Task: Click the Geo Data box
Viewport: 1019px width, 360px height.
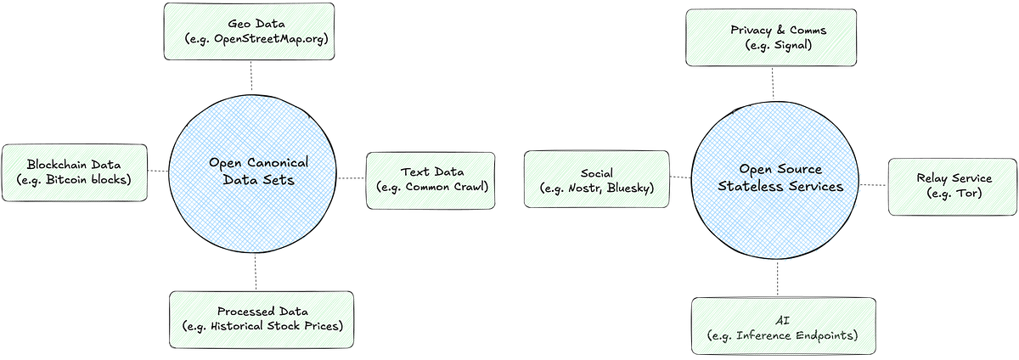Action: pos(249,31)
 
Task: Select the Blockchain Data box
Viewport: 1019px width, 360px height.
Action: pos(75,172)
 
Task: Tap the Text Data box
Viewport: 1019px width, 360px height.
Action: pos(431,181)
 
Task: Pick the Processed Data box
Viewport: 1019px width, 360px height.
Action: pos(262,319)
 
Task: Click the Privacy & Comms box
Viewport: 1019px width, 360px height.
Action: pos(771,37)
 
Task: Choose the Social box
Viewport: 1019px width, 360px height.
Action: pos(596,179)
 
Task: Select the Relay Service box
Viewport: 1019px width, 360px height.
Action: pos(953,187)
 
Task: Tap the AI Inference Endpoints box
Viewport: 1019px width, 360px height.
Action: pos(783,326)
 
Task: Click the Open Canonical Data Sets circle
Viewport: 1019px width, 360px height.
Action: pos(253,173)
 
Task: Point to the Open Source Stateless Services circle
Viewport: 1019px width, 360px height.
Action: pos(775,180)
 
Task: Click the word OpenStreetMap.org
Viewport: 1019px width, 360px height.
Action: pos(270,39)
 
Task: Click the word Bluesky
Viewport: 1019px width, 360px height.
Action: pos(628,188)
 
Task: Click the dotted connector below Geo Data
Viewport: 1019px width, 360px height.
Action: pos(251,77)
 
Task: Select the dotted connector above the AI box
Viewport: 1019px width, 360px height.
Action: pos(778,278)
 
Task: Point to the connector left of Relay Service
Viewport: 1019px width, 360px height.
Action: pos(874,185)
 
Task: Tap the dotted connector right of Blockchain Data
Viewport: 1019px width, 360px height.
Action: pos(158,172)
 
